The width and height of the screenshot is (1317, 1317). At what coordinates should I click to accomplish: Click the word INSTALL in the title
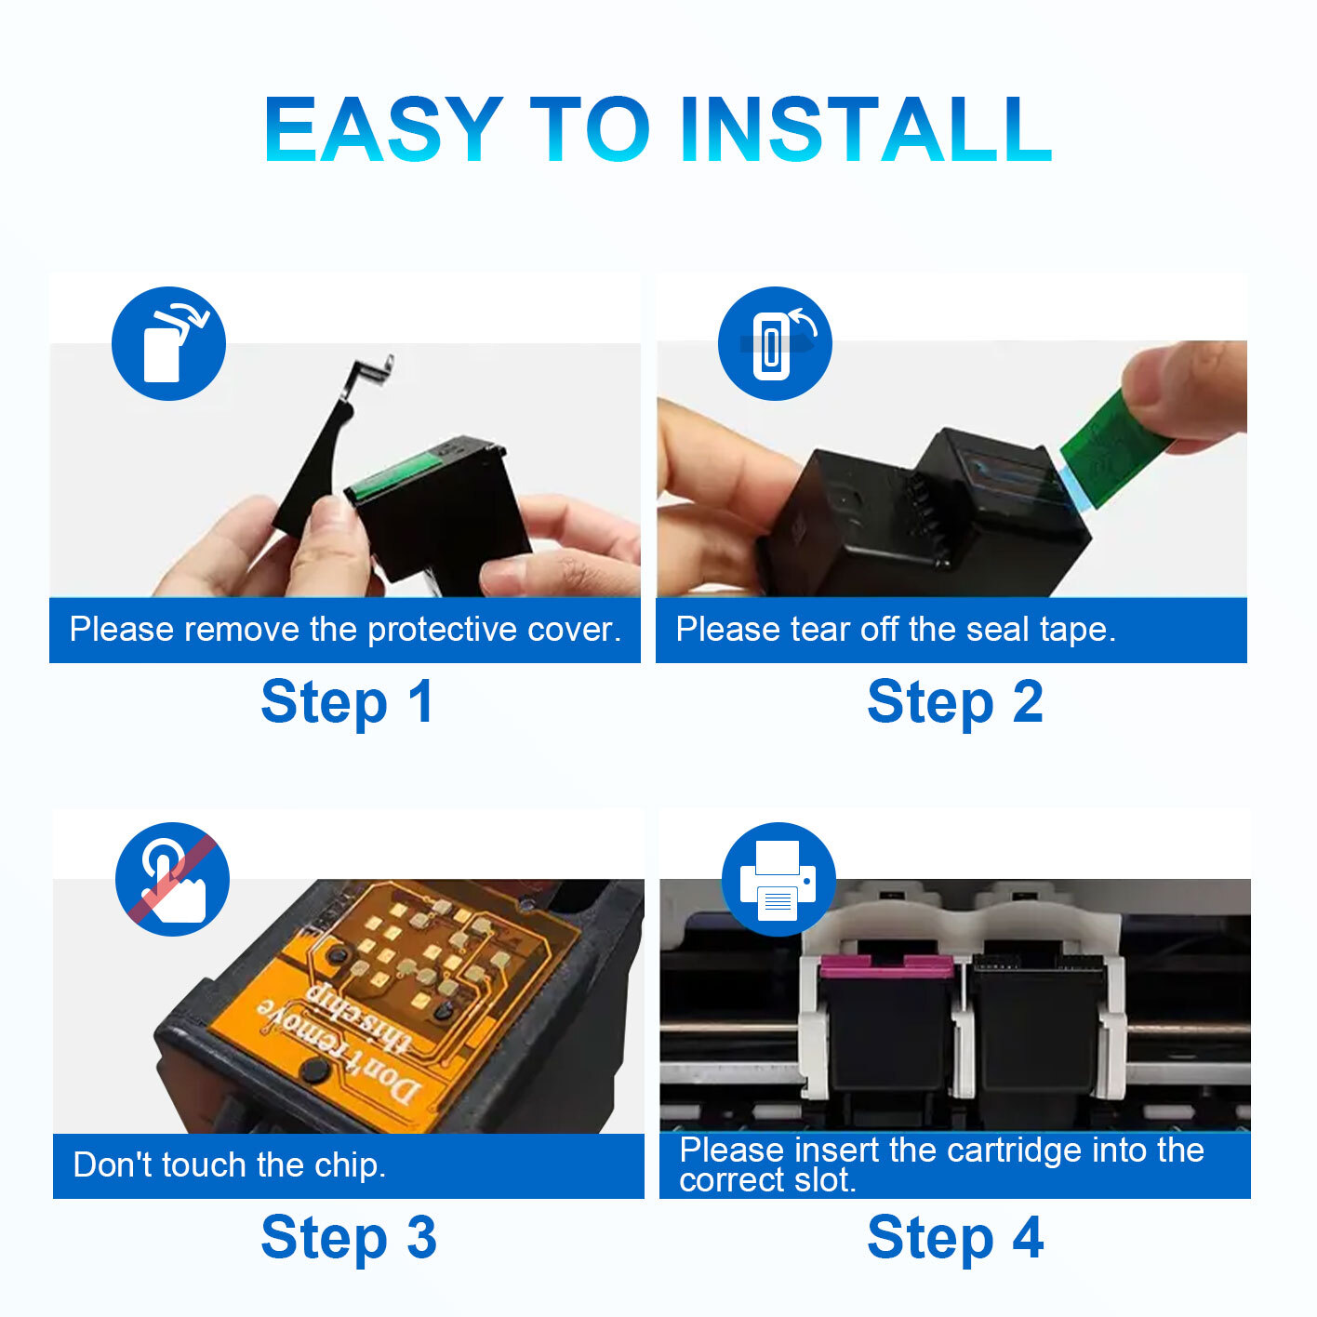(866, 129)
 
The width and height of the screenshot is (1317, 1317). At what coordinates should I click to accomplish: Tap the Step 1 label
(347, 702)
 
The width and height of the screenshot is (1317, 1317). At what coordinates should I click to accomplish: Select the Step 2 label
(955, 702)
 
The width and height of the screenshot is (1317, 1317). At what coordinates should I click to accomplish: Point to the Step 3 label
(349, 1238)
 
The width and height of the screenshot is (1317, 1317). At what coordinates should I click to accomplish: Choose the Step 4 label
(955, 1238)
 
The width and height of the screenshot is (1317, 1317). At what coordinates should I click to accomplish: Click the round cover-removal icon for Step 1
(169, 343)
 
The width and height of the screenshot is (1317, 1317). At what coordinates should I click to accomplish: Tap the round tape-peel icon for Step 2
(775, 343)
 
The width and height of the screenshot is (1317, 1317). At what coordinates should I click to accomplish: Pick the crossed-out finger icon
(172, 879)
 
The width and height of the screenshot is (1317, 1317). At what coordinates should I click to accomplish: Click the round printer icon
(778, 879)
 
